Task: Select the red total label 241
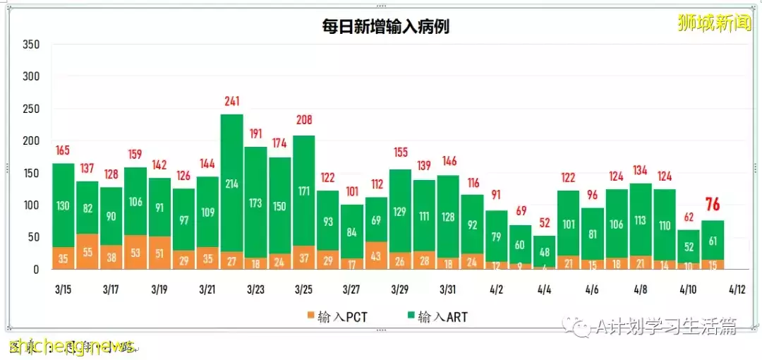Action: pos(231,101)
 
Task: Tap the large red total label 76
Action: pos(713,205)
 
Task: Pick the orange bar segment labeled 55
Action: pos(87,251)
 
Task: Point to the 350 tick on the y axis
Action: pos(31,44)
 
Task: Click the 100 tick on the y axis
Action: pos(31,205)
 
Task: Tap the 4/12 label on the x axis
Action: pos(737,289)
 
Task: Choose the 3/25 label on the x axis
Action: pos(303,289)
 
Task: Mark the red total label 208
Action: pos(303,120)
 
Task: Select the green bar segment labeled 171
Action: pos(303,191)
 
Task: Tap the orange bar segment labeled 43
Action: pos(375,256)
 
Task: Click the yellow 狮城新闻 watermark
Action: pos(713,23)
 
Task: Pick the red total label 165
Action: pos(64,150)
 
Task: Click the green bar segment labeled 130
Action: pos(64,205)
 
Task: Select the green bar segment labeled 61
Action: pos(713,241)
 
